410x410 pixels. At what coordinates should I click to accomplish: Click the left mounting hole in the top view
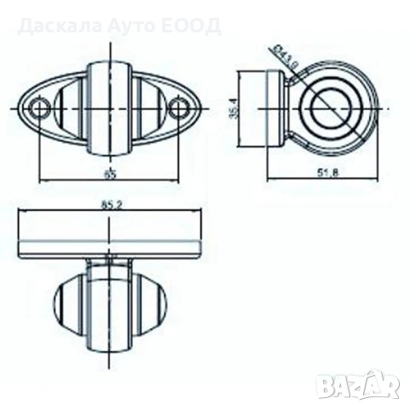click(x=39, y=108)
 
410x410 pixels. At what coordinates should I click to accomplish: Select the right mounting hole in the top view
click(x=179, y=108)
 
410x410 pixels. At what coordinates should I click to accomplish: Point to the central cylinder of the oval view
click(x=109, y=108)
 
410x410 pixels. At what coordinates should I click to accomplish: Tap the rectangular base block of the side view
click(x=274, y=109)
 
